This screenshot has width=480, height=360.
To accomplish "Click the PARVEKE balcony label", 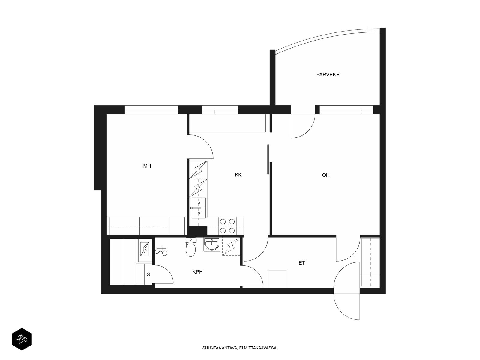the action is pyautogui.click(x=328, y=75).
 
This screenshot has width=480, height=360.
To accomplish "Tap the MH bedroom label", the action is pyautogui.click(x=147, y=166).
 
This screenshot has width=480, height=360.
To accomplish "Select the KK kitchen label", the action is pyautogui.click(x=238, y=175).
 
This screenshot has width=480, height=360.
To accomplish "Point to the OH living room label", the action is pyautogui.click(x=325, y=175).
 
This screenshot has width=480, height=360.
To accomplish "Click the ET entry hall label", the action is pyautogui.click(x=301, y=263).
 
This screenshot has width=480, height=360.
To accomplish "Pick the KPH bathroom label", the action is pyautogui.click(x=197, y=272).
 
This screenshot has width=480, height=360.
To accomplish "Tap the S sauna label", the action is pyautogui.click(x=148, y=274).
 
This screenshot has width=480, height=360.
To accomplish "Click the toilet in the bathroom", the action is pyautogui.click(x=191, y=247).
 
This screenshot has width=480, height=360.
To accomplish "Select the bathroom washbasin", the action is pyautogui.click(x=212, y=244).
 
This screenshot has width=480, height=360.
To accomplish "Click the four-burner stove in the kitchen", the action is pyautogui.click(x=227, y=226).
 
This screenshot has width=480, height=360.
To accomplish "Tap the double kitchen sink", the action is pyautogui.click(x=199, y=208).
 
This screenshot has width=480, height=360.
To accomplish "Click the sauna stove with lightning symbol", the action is pyautogui.click(x=145, y=249).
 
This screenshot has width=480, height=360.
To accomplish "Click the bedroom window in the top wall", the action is pyautogui.click(x=151, y=110).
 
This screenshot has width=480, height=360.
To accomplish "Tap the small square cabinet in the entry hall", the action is pyautogui.click(x=277, y=279).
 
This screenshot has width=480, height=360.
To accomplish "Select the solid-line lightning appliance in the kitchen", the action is pyautogui.click(x=198, y=169).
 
